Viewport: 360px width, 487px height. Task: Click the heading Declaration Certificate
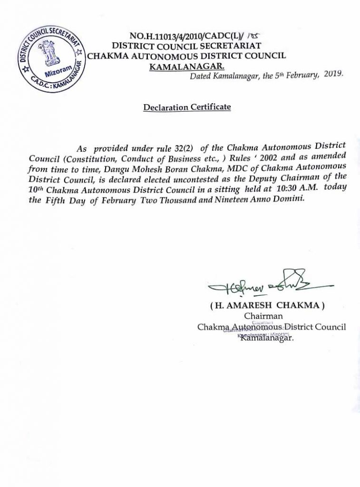pyautogui.click(x=187, y=107)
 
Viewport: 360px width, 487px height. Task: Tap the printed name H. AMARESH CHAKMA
pyautogui.click(x=269, y=306)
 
